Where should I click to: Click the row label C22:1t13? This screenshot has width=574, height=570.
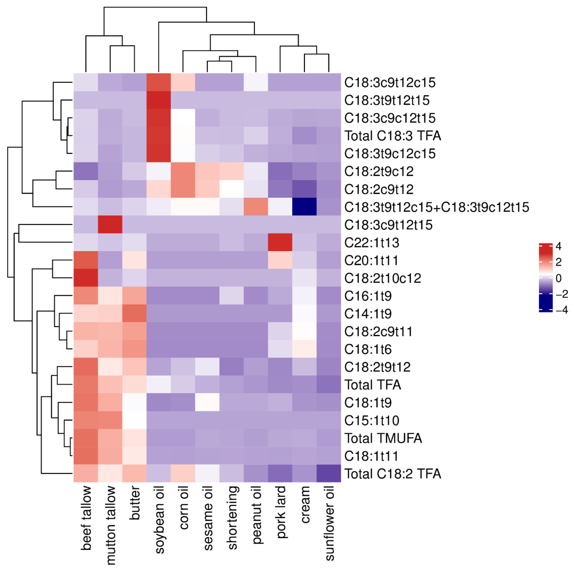(x=371, y=242)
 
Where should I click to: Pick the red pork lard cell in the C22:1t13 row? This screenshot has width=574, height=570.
(x=280, y=242)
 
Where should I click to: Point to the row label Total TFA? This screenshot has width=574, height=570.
(x=373, y=385)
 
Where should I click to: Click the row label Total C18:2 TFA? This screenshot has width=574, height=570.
(x=392, y=474)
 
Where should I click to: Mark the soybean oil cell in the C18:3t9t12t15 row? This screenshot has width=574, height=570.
(x=159, y=100)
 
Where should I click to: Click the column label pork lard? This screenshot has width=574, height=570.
(x=281, y=512)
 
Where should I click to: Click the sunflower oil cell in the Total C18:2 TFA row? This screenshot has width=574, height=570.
(x=329, y=473)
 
